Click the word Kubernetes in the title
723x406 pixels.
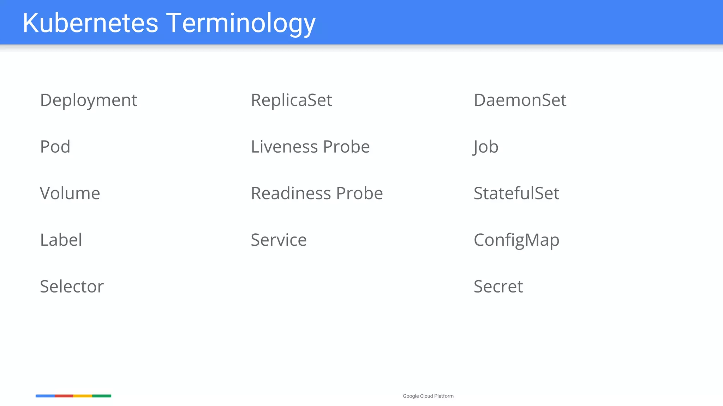click(90, 23)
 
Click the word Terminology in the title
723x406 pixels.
click(241, 23)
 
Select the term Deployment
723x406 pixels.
click(88, 100)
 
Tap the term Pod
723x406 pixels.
click(55, 147)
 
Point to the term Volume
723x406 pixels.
click(70, 193)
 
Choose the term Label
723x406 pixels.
click(61, 240)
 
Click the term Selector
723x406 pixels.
click(72, 287)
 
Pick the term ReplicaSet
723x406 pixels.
click(291, 100)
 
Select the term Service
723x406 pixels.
click(279, 240)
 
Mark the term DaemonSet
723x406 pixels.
click(520, 100)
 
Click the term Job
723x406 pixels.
click(486, 147)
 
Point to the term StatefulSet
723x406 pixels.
click(516, 193)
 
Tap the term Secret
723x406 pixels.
click(498, 287)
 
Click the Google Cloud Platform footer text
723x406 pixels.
click(428, 396)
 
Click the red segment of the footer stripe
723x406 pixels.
click(64, 396)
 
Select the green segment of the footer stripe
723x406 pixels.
click(102, 396)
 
